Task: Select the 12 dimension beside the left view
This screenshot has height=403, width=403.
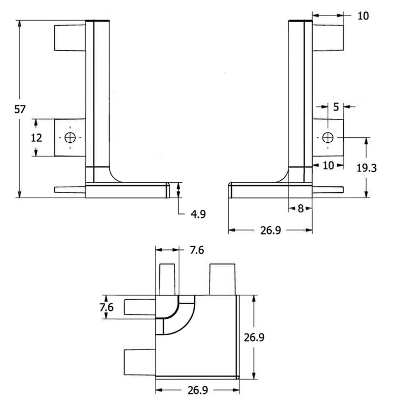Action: [36, 138]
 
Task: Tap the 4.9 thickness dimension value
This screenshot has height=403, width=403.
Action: [198, 214]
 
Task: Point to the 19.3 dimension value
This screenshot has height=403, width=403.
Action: [366, 168]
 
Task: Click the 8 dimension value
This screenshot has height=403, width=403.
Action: [300, 208]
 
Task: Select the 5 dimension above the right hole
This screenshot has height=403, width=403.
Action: [336, 107]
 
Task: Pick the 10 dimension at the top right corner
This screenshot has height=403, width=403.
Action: [363, 16]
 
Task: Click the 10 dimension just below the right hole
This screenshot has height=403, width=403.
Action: [328, 165]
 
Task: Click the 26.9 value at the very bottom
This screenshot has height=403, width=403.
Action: [198, 391]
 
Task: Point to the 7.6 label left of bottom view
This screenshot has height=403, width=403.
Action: [106, 307]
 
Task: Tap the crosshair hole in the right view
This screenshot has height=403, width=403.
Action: [328, 137]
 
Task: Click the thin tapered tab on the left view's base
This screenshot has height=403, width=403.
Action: [69, 190]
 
